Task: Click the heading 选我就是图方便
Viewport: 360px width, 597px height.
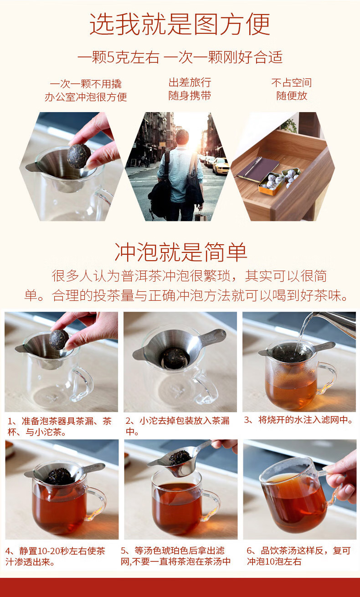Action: coord(180,24)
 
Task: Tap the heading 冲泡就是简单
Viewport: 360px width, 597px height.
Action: coord(181,252)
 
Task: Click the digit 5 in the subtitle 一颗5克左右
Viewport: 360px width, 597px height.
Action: coord(111,57)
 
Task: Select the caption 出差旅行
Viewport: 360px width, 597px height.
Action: coord(190,82)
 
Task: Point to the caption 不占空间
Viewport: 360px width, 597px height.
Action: coord(292,82)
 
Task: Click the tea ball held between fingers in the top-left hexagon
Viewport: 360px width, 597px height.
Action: coord(79,156)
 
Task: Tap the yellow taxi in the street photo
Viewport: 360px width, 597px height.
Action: coord(221,165)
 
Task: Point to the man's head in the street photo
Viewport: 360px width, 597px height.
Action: coord(182,137)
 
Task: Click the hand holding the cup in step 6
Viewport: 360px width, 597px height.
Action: coord(342,479)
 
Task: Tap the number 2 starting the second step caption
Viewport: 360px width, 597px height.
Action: coord(129,421)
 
